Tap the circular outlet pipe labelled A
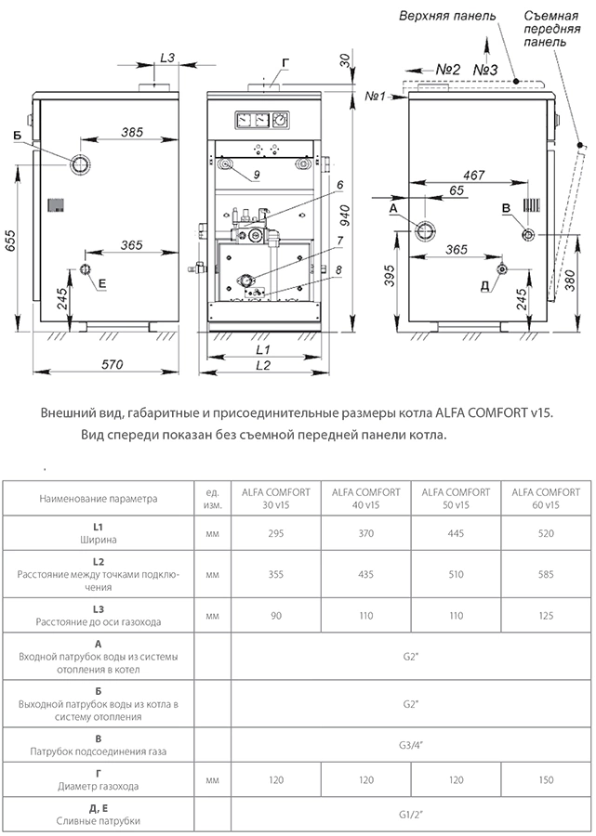click(x=427, y=231)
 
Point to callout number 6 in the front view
click(x=340, y=186)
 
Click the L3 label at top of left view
click(x=167, y=58)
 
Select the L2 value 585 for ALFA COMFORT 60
click(x=546, y=575)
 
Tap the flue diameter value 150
click(x=546, y=784)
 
